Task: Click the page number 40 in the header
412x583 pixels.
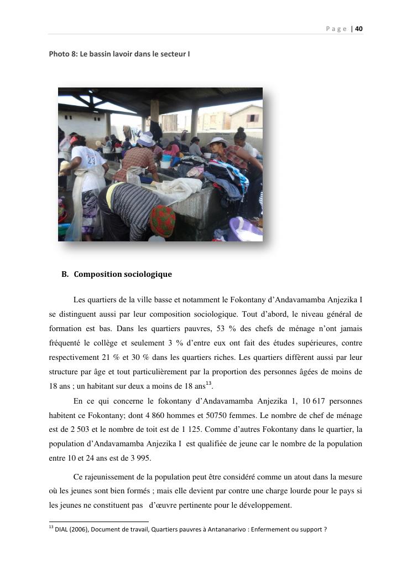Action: pyautogui.click(x=359, y=29)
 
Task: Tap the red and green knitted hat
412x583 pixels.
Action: pyautogui.click(x=163, y=220)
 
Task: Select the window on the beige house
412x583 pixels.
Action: pyautogui.click(x=252, y=118)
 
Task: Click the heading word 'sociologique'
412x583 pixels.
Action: pyautogui.click(x=146, y=274)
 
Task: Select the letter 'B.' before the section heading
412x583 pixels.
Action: pyautogui.click(x=65, y=274)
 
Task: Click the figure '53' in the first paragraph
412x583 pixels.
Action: pyautogui.click(x=217, y=329)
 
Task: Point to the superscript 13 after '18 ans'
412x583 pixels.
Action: pyautogui.click(x=208, y=384)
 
